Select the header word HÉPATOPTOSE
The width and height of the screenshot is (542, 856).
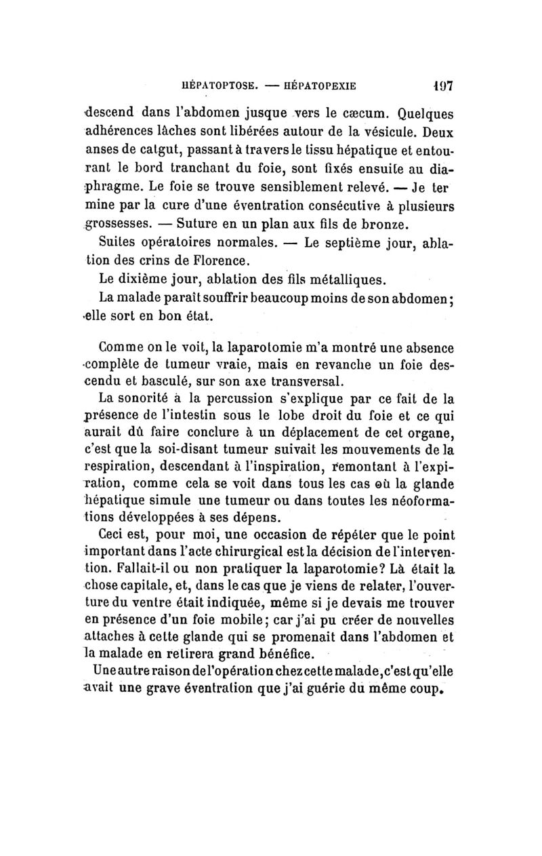(210, 87)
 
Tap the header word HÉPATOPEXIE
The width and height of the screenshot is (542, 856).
(314, 87)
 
